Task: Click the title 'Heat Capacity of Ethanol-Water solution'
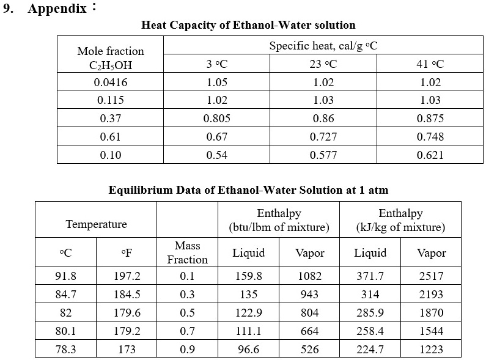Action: click(x=248, y=25)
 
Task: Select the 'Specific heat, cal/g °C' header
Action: click(x=323, y=46)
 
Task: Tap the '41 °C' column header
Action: click(x=430, y=64)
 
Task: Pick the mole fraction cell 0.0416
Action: click(x=111, y=83)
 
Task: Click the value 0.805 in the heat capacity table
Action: click(x=216, y=119)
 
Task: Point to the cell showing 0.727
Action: click(x=323, y=137)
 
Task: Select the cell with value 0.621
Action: click(x=430, y=155)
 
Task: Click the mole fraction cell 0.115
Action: click(x=111, y=100)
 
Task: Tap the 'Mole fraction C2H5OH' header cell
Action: click(x=111, y=57)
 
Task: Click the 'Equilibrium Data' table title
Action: click(x=248, y=190)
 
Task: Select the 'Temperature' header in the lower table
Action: click(x=96, y=224)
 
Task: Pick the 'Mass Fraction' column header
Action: click(x=187, y=252)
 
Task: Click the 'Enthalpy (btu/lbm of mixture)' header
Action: click(x=279, y=221)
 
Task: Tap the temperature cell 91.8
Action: click(x=65, y=276)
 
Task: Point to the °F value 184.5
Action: click(x=127, y=294)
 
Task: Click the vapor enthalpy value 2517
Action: click(x=431, y=276)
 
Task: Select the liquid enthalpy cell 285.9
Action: click(x=370, y=312)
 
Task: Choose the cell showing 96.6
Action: click(x=248, y=350)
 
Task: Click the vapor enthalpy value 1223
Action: click(x=431, y=350)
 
